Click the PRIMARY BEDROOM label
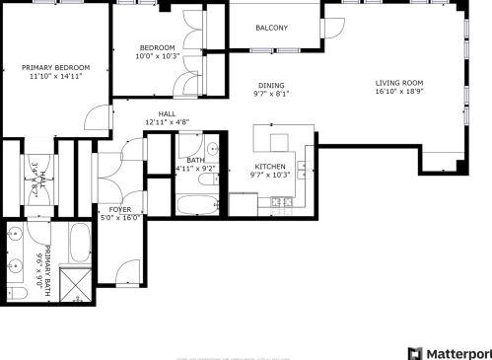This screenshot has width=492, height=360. [53, 67]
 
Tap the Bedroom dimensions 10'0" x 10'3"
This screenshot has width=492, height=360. [157, 56]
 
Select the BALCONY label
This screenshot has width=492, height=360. [271, 28]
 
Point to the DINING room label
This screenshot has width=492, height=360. [271, 86]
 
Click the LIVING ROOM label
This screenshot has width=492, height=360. [399, 83]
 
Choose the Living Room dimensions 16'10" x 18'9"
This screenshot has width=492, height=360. [399, 92]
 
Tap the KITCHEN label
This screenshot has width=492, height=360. [270, 166]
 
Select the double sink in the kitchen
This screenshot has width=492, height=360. [309, 161]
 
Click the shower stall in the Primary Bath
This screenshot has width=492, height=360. [77, 282]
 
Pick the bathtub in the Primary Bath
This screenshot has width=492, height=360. [80, 242]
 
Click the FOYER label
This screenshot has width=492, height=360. [119, 209]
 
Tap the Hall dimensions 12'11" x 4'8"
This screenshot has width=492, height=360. [166, 122]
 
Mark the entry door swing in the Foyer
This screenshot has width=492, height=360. [127, 271]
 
